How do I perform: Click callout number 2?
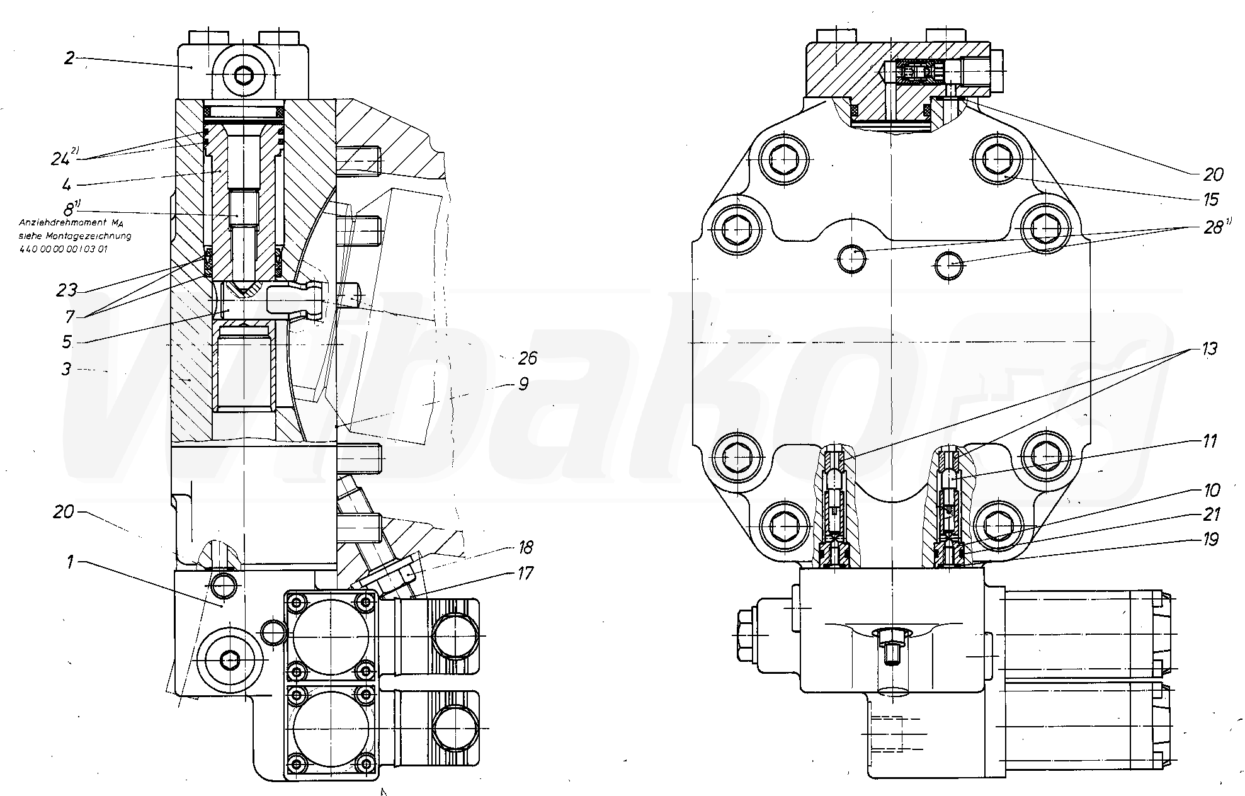tap(69, 59)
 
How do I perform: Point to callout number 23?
tap(67, 290)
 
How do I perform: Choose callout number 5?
tap(66, 343)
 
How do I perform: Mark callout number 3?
tap(66, 369)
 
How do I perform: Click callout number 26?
tap(527, 358)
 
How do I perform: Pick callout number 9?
tap(523, 384)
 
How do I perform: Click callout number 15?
tap(1210, 200)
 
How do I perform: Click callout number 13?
tap(1208, 349)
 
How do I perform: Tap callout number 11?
tap(1209, 441)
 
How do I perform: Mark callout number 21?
tap(1209, 515)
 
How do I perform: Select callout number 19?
tap(1209, 540)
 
